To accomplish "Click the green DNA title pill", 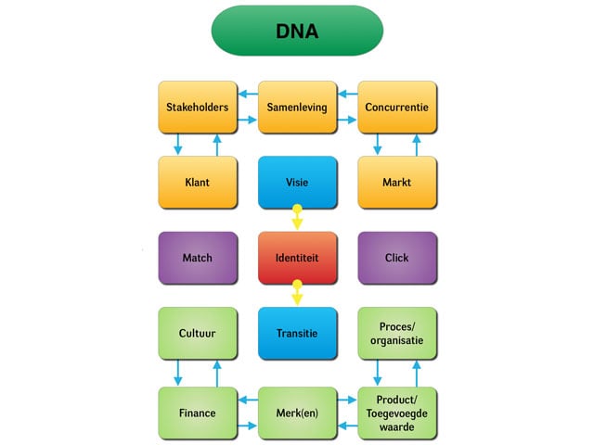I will pyautogui.click(x=297, y=31).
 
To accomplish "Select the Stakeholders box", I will pyautogui.click(x=197, y=108).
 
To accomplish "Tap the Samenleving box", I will pyautogui.click(x=297, y=108).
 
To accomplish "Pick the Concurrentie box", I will pyautogui.click(x=397, y=108).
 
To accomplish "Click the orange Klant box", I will pyautogui.click(x=197, y=183).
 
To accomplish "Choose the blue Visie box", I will pyautogui.click(x=297, y=183).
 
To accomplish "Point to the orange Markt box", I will pyautogui.click(x=397, y=183).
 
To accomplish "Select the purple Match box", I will pyautogui.click(x=197, y=258).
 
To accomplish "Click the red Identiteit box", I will pyautogui.click(x=297, y=258).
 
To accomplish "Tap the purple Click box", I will pyautogui.click(x=397, y=258).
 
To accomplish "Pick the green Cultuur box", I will pyautogui.click(x=197, y=333).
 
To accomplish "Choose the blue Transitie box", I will pyautogui.click(x=297, y=333).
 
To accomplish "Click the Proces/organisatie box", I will pyautogui.click(x=397, y=333).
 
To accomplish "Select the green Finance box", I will pyautogui.click(x=197, y=412).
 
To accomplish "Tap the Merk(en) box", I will pyautogui.click(x=297, y=412).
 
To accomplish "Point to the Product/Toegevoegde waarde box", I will pyautogui.click(x=397, y=412).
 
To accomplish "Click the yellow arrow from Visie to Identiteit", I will pyautogui.click(x=297, y=220).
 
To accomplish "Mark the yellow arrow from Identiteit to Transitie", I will pyautogui.click(x=297, y=295).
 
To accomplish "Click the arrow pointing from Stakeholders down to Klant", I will pyautogui.click(x=179, y=145).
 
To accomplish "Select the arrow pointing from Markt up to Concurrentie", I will pyautogui.click(x=416, y=145).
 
